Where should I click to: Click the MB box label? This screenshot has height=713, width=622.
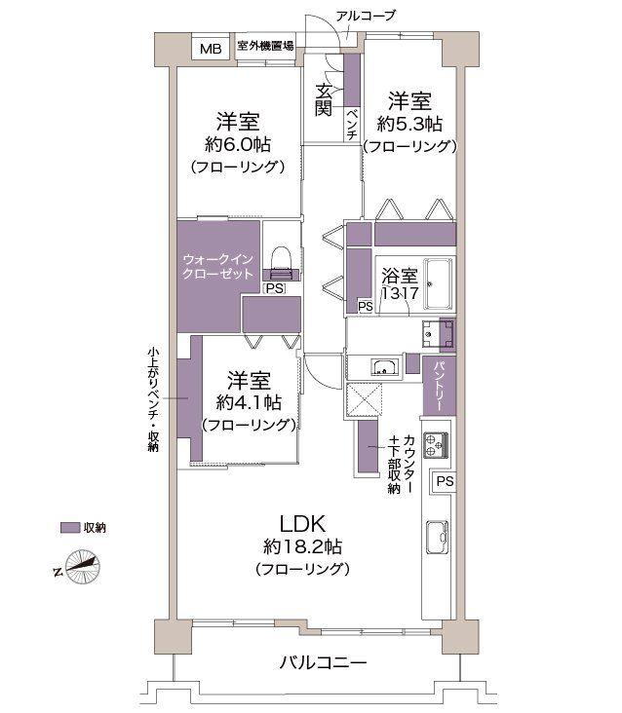[x=210, y=49]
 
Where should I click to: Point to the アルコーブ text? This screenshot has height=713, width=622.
[x=365, y=16]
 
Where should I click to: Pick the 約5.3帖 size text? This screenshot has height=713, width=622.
[x=409, y=124]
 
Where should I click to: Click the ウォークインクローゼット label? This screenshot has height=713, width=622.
[x=217, y=267]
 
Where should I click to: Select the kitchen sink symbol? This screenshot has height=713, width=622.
[x=436, y=539]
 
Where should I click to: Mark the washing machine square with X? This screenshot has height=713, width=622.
[x=369, y=399]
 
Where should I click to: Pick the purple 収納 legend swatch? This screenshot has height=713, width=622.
[x=68, y=527]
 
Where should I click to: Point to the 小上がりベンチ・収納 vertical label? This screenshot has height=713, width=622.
[x=154, y=399]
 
